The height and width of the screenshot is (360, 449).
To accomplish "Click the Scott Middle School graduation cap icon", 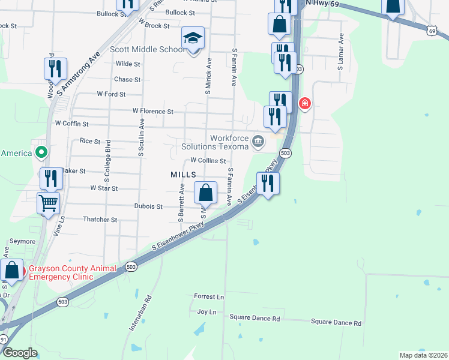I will (x=194, y=38).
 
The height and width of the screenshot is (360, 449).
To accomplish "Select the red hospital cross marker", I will (x=305, y=104).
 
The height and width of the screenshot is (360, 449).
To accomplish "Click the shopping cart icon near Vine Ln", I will (x=49, y=202).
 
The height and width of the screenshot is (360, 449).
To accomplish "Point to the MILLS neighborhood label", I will (x=184, y=173).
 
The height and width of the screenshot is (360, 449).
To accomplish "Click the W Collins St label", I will (x=208, y=161).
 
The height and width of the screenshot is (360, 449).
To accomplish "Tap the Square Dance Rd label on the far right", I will (x=336, y=323).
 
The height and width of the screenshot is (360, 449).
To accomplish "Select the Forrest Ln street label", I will (x=209, y=296).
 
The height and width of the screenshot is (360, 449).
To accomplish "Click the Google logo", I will (x=20, y=353).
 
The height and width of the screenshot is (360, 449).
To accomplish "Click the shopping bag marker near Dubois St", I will (x=206, y=193).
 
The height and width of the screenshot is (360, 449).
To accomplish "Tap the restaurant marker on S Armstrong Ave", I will (x=55, y=70).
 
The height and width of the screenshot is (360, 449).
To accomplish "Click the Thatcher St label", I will (x=100, y=220).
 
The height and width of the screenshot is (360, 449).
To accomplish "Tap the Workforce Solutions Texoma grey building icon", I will (x=258, y=142).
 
